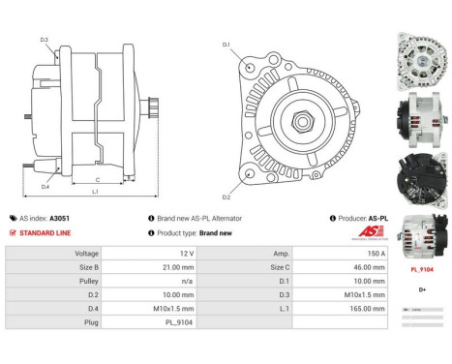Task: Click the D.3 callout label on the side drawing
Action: click(45, 40)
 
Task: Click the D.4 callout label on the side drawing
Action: click(45, 186)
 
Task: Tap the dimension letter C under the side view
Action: click(99, 180)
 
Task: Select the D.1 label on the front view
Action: click(226, 45)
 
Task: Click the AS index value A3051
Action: click(86, 219)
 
